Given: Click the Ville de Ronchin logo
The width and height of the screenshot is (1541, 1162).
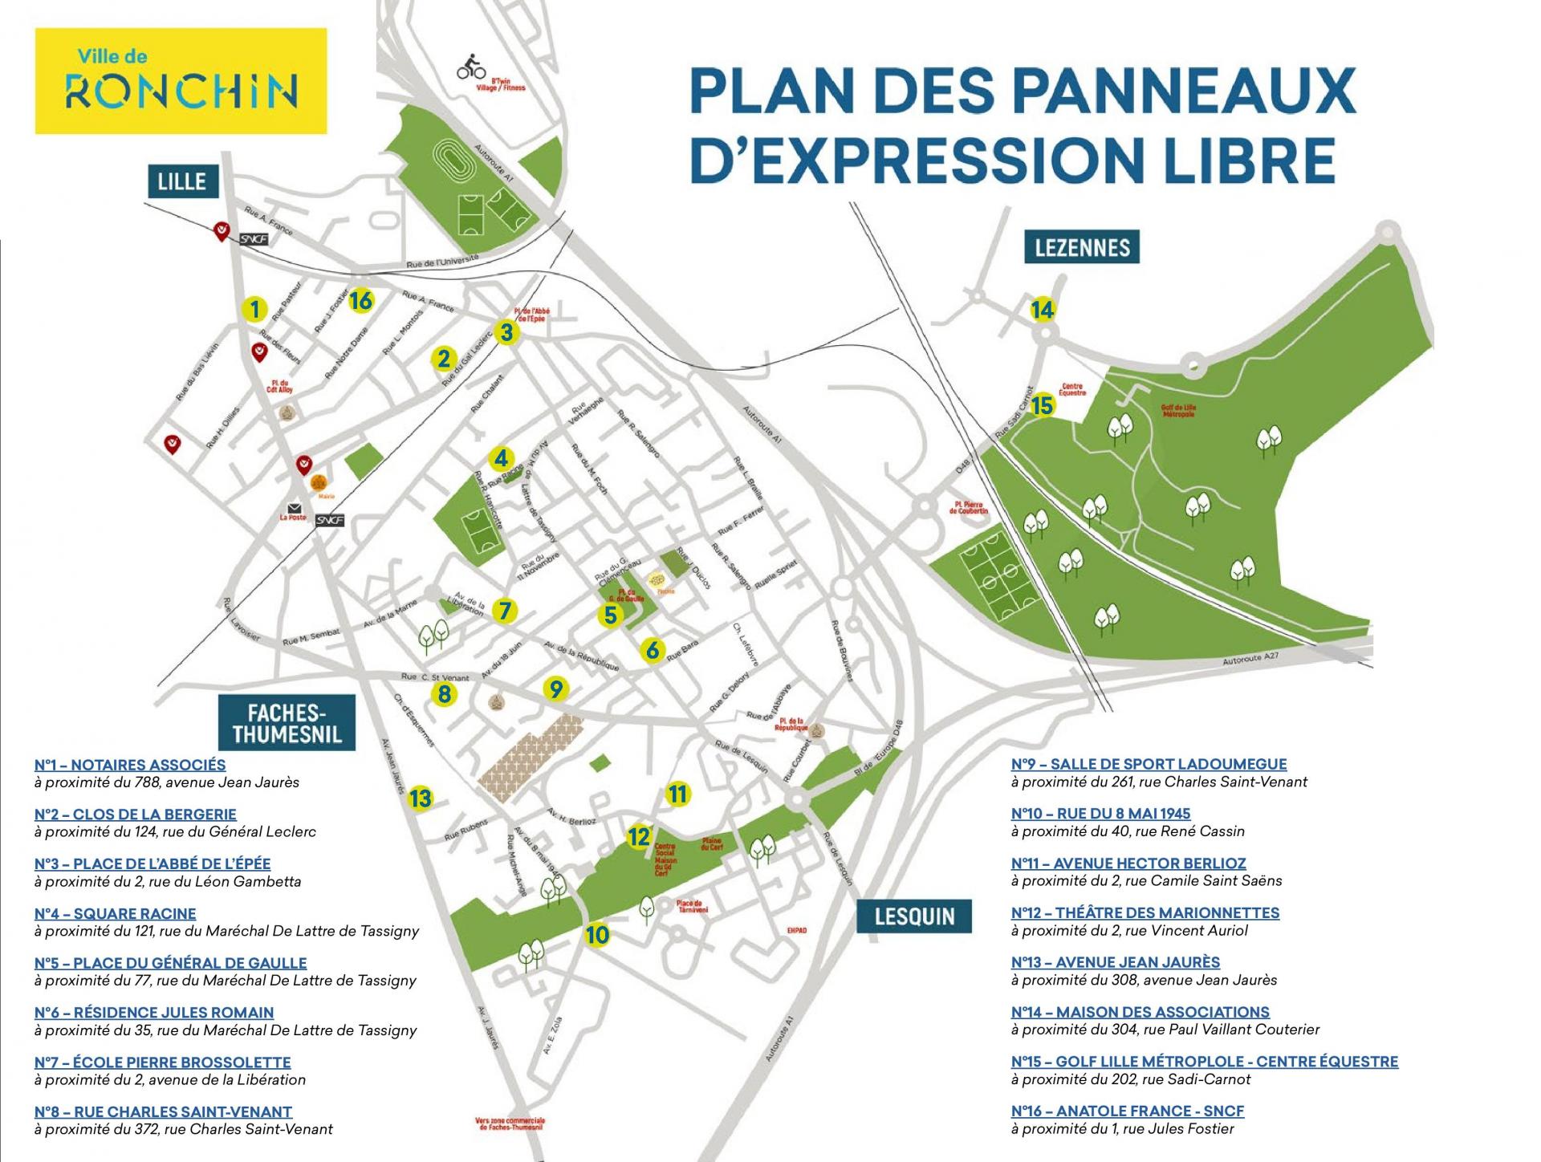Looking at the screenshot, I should pos(181,81).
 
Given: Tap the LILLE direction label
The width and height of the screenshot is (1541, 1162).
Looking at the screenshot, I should pos(182,181).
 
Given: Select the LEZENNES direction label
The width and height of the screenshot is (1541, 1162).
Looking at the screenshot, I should pos(1082,246).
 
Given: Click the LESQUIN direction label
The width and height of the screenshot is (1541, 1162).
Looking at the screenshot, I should pos(914,916).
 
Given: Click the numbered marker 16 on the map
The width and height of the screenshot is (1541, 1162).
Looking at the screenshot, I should pos(361,301).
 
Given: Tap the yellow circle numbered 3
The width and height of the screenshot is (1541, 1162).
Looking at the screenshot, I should pos(506,332).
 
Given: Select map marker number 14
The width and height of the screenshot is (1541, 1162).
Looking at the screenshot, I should pos(1042,310).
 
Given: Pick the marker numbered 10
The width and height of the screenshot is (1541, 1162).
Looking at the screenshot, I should pos(597,935).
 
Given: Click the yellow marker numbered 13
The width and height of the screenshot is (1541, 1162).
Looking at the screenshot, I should pos(420,798).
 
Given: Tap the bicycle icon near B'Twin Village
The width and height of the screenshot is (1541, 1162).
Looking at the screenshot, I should pos(471,68).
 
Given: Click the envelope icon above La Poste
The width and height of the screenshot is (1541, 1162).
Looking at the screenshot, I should pos(295,508).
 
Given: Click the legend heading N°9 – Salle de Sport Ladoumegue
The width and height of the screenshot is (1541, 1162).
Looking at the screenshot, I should pos(1149,764).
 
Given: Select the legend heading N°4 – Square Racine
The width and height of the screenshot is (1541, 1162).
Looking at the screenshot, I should pos(116,913).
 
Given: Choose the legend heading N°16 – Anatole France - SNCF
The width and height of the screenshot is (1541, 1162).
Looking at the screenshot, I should pos(1127,1111).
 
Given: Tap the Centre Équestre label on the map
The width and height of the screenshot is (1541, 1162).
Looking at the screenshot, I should pos(1072,390).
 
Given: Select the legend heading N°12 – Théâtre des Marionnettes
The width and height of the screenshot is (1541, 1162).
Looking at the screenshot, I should pos(1145,912).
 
